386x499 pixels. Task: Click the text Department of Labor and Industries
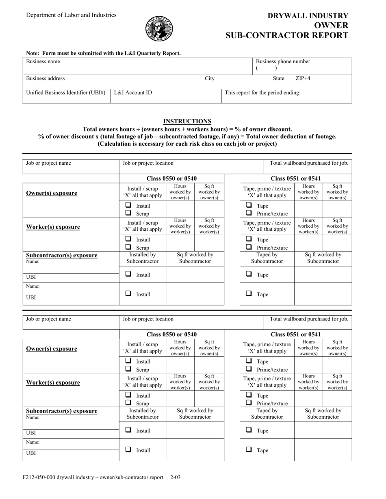[71, 15]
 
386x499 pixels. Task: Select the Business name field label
[43, 62]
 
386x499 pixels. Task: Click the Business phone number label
[283, 62]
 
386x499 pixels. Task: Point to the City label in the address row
[210, 79]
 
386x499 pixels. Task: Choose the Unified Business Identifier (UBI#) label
[66, 92]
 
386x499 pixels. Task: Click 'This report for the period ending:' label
[262, 92]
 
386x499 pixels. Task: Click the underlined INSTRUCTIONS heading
[187, 121]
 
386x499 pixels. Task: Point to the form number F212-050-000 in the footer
[47, 478]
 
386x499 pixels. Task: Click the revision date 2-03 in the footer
[176, 478]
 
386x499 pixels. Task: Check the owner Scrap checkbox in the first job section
[128, 213]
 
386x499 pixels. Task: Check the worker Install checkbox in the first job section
[128, 239]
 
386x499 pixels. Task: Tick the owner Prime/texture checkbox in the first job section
[249, 213]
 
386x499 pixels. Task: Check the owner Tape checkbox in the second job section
[249, 361]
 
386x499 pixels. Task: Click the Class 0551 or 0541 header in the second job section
[296, 334]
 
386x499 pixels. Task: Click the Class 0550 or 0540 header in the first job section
[171, 179]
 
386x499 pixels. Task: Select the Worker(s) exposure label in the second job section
[53, 383]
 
